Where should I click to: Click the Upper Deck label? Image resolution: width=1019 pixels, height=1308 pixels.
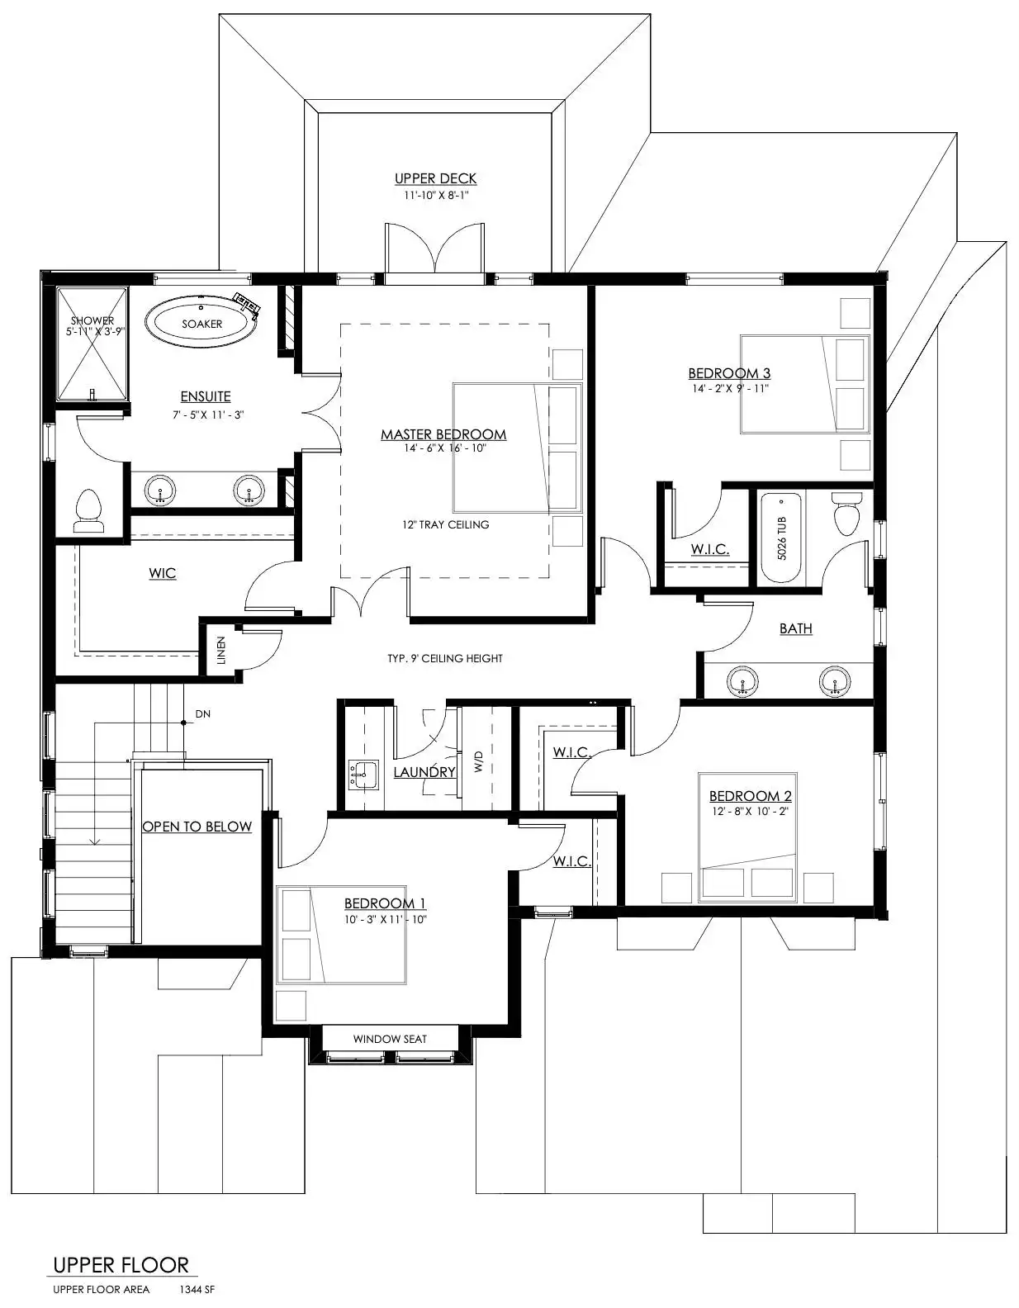pos(435,178)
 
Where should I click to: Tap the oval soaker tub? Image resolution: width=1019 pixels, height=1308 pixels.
pos(202,324)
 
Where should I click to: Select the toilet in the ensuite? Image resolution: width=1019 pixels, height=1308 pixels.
pos(88,510)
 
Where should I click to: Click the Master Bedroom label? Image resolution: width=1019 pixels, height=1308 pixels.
pos(443,434)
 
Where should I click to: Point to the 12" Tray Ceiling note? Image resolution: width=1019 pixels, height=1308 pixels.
pos(445,525)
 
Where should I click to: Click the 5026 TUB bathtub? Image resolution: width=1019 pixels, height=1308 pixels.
pos(781,538)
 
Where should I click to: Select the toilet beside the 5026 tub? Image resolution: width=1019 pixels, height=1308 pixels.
pos(846,514)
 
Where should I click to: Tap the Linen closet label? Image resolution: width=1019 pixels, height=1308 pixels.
pos(221,650)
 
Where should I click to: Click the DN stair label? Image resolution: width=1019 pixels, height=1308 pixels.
pos(203,714)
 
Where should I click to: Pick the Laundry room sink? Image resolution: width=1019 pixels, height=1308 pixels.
pos(363,774)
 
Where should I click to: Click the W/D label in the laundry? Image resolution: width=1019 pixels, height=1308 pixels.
pos(479,761)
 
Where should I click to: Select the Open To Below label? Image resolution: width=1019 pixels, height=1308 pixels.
pos(197,827)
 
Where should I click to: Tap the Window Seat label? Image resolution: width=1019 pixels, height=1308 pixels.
pos(390,1039)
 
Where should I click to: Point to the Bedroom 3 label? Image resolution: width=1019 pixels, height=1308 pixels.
pos(729,373)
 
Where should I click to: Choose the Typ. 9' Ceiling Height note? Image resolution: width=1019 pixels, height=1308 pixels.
pos(445,658)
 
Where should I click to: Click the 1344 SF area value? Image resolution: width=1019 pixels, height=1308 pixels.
pos(197,1289)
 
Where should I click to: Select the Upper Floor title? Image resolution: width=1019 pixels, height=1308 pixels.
pos(121,1265)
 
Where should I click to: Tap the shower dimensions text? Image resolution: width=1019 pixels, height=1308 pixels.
pos(95,331)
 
